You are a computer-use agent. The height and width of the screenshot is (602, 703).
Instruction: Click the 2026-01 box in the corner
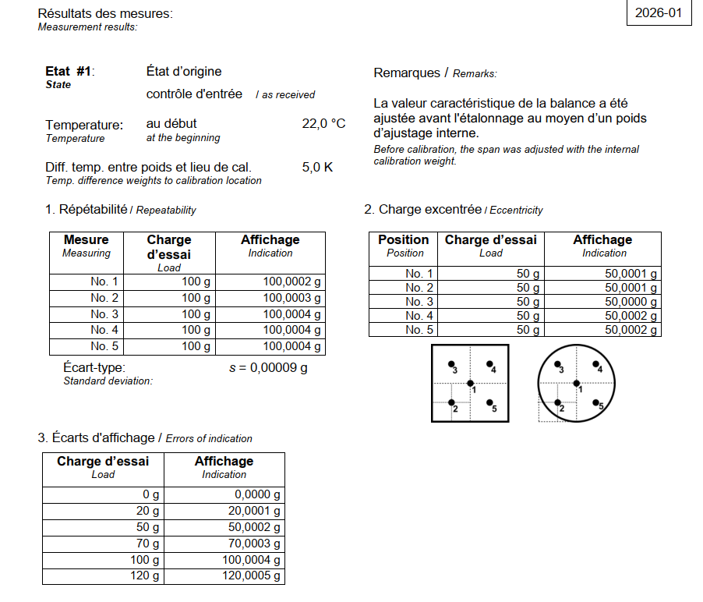(x=659, y=13)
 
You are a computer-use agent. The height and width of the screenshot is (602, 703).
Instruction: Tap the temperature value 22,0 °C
(x=323, y=124)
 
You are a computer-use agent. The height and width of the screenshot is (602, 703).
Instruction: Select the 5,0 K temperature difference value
(x=317, y=167)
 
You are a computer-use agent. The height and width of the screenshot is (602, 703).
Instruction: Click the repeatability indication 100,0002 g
(x=291, y=282)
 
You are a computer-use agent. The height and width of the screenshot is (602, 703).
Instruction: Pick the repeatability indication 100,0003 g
(x=291, y=298)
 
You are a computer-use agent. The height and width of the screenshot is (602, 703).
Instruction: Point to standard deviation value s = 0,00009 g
(x=268, y=368)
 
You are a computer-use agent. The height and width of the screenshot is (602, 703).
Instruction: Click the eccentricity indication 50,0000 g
(x=631, y=302)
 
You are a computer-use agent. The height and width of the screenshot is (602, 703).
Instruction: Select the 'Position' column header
(x=403, y=240)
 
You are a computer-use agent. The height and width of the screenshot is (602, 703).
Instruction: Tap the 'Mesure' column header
(x=86, y=240)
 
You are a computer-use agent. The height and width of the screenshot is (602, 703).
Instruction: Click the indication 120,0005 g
(x=251, y=577)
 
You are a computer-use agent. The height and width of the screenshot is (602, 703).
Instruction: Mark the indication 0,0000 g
(x=257, y=494)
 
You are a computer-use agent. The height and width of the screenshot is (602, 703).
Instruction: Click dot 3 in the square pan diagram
(x=451, y=364)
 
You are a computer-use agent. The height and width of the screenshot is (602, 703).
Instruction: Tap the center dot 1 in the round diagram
(x=576, y=383)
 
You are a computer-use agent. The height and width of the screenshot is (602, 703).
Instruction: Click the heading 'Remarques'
(x=407, y=73)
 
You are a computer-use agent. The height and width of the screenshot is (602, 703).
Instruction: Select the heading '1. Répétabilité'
(x=86, y=210)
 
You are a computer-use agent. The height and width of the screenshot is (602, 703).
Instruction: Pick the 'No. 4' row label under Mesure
(x=104, y=330)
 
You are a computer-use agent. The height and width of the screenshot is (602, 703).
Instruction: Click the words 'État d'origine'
(x=184, y=72)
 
